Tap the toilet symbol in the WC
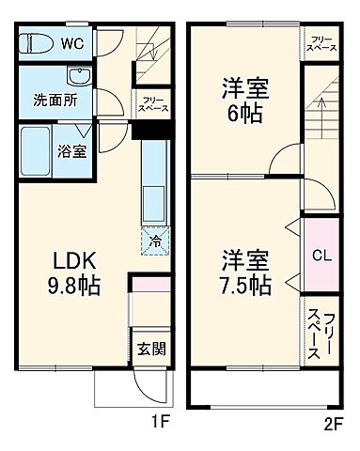(39, 44)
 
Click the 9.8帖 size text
(71, 283)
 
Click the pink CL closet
(319, 255)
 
